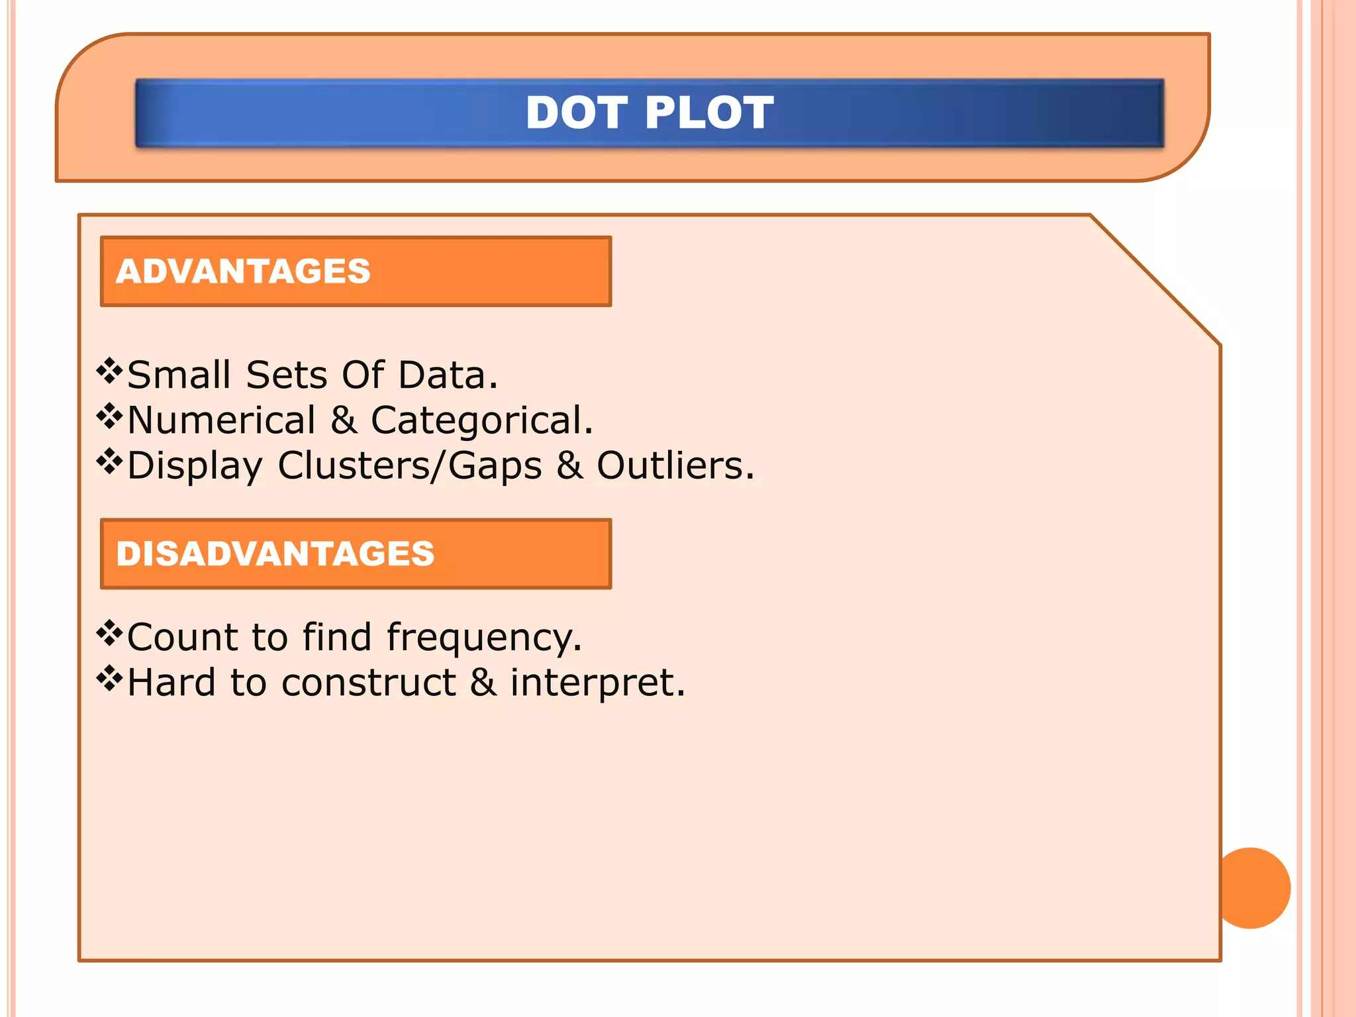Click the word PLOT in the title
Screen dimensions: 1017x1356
tap(708, 113)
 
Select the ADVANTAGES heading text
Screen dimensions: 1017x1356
tap(243, 271)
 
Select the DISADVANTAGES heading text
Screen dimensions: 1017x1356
tap(275, 554)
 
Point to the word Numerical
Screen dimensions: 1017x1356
tap(221, 420)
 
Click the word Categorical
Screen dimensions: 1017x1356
tap(481, 420)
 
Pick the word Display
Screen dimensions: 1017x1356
tap(195, 465)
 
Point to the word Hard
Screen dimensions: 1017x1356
tap(171, 682)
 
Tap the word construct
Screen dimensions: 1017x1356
tap(369, 682)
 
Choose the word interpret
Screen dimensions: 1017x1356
tap(597, 683)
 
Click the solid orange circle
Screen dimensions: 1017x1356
tap(1252, 888)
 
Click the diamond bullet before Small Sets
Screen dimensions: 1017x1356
tap(109, 371)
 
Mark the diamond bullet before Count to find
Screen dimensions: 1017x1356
tap(109, 634)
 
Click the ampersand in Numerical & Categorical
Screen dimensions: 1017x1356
tap(344, 420)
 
